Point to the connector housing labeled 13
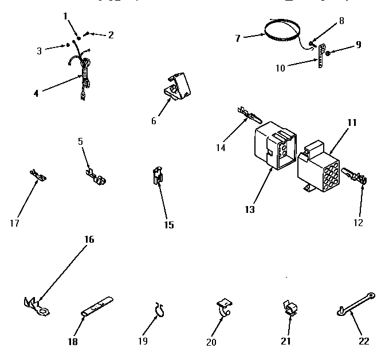[275, 147]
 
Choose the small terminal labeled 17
[38, 176]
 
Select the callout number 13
[250, 209]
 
